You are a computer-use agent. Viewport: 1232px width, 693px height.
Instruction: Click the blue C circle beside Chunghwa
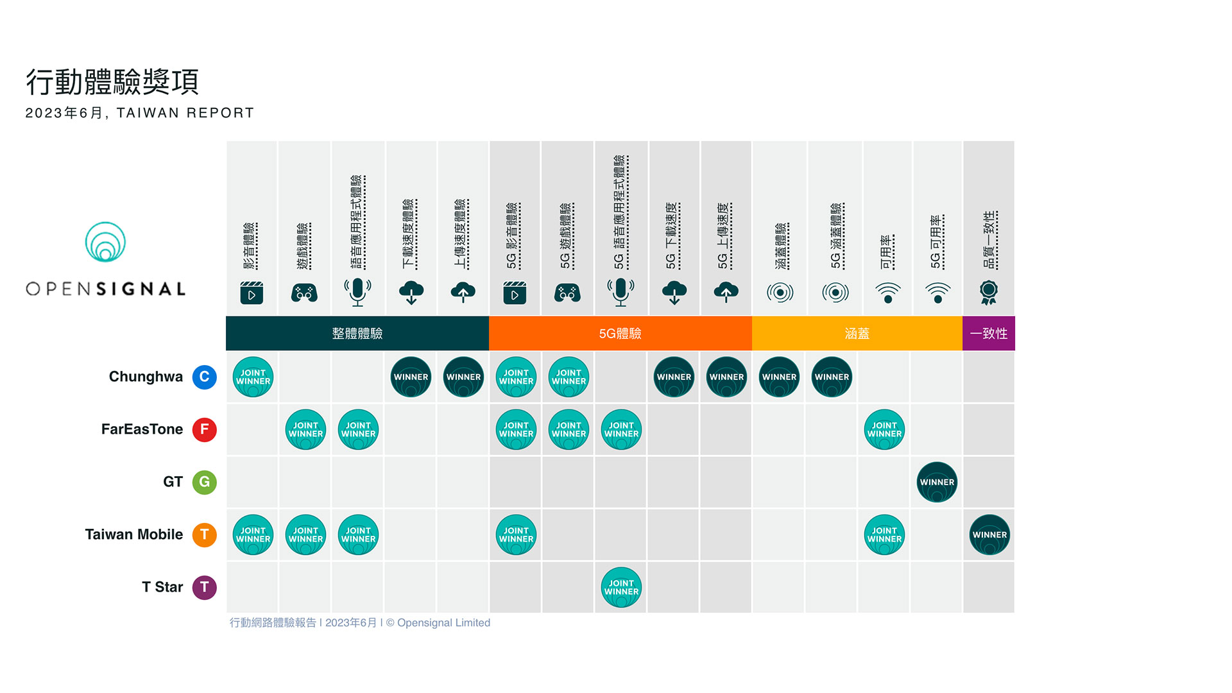204,377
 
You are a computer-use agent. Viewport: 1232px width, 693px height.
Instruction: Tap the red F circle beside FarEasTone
204,429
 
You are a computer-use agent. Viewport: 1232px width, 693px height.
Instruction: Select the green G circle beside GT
204,482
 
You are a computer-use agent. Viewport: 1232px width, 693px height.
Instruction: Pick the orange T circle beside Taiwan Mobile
204,535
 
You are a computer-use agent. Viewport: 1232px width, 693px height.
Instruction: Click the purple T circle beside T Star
204,587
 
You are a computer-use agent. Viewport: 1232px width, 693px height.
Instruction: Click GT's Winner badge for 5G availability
937,482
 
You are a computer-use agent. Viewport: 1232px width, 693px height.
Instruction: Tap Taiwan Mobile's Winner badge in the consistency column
989,535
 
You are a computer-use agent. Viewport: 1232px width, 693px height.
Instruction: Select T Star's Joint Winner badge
621,587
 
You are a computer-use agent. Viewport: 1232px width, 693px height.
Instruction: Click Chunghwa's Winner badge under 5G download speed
674,377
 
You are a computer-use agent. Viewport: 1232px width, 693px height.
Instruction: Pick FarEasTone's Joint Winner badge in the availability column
884,429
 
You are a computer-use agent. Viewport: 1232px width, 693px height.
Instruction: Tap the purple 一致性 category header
989,333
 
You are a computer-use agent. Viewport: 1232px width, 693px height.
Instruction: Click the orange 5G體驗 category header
620,333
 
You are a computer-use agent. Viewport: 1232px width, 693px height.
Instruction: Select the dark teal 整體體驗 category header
357,333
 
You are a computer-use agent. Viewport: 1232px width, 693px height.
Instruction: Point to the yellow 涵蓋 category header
857,333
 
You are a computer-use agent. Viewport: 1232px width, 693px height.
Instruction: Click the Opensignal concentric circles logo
105,242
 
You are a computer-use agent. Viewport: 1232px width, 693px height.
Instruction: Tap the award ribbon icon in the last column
989,293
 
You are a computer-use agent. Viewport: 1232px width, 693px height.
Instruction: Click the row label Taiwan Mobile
134,535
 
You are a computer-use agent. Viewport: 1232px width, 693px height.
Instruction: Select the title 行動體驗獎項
112,82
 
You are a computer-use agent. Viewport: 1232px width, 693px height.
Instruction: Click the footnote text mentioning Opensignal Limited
360,622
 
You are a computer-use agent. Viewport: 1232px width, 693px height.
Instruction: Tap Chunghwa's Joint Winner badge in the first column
253,377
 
